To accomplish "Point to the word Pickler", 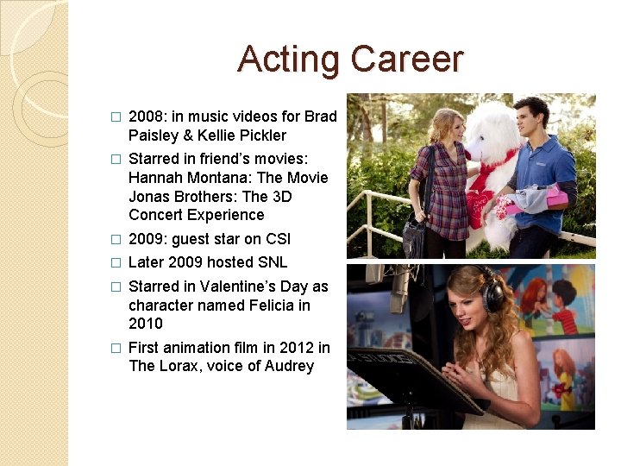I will tap(259, 135).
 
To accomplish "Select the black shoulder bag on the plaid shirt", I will tap(413, 233).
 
